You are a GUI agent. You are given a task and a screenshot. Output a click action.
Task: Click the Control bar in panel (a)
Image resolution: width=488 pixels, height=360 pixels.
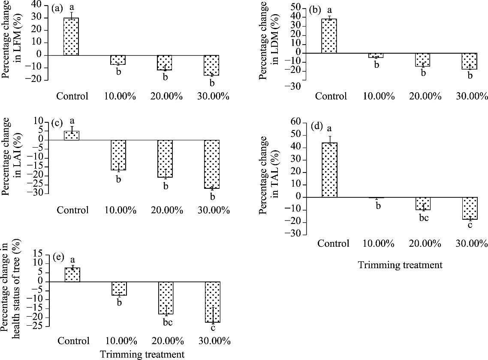(71, 36)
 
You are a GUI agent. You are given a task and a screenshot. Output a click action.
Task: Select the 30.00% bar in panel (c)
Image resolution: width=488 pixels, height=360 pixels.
(212, 164)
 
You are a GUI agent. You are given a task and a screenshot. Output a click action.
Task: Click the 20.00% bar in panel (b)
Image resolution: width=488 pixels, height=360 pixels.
(423, 60)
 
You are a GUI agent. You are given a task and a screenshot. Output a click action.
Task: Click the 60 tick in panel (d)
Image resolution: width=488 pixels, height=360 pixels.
(300, 123)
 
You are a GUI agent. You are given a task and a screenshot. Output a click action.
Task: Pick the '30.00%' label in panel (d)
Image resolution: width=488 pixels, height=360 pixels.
(471, 244)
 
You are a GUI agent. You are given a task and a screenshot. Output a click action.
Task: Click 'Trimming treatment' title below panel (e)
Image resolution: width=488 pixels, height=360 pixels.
(142, 354)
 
